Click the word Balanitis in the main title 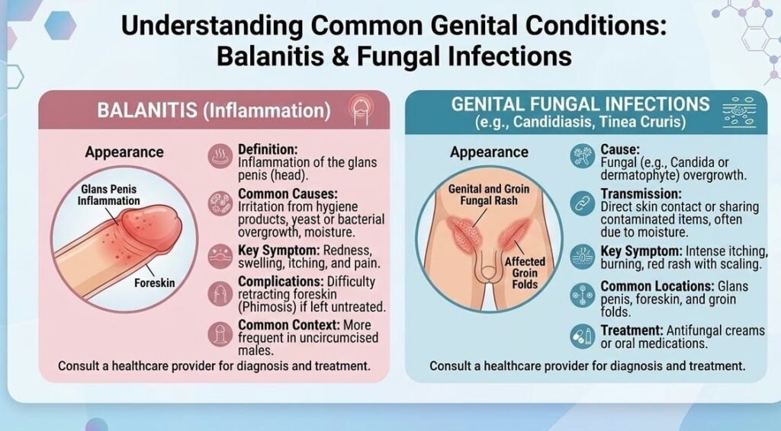tap(268, 56)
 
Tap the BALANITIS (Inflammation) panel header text tap(214, 110)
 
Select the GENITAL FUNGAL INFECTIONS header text tap(580, 104)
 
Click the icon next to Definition tap(220, 156)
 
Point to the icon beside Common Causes tap(220, 203)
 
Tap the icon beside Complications tap(220, 294)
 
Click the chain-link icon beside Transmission tap(583, 204)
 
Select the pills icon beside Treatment tap(583, 337)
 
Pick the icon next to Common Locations tap(583, 295)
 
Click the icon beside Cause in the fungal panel tap(583, 156)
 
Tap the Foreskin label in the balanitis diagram tap(154, 283)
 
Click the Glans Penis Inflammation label tap(108, 195)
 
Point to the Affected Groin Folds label tap(525, 273)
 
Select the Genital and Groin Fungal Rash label tap(489, 195)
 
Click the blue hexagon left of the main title tap(60, 25)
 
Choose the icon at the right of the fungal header tap(739, 113)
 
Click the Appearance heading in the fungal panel tap(489, 152)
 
